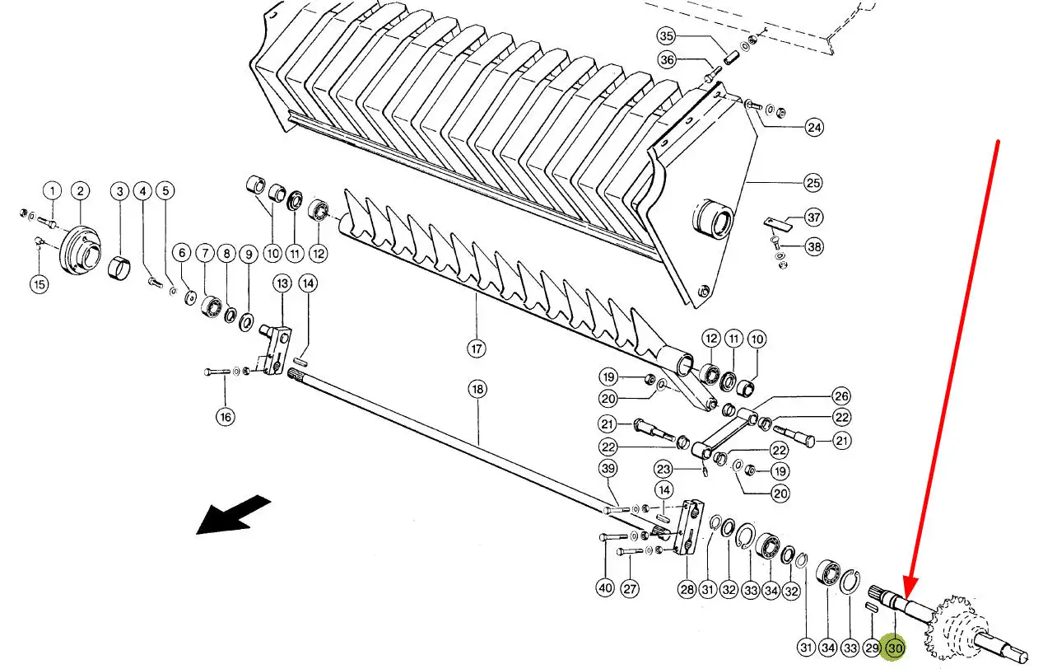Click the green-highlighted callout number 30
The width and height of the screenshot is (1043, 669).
(x=895, y=648)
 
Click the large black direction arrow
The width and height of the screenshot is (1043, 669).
(x=233, y=514)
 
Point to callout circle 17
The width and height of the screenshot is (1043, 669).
(x=476, y=349)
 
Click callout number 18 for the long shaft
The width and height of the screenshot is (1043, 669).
(x=477, y=389)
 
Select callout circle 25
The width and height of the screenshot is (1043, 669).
(x=813, y=182)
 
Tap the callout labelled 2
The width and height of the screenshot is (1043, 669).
(x=80, y=190)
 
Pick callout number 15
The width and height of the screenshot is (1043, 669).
(x=40, y=283)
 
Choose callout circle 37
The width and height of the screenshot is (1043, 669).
(x=814, y=218)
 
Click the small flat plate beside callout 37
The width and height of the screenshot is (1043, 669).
(x=778, y=223)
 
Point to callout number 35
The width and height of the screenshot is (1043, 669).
(x=667, y=36)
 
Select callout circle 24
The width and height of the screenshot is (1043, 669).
(x=814, y=127)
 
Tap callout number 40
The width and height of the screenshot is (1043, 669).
(x=605, y=588)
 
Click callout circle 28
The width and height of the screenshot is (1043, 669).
(x=687, y=589)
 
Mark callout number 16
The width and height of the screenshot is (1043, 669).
(x=226, y=417)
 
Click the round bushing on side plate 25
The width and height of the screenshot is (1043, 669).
(x=712, y=219)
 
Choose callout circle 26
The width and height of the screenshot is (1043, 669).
(x=841, y=396)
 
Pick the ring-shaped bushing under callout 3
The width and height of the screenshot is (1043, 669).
(x=119, y=267)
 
